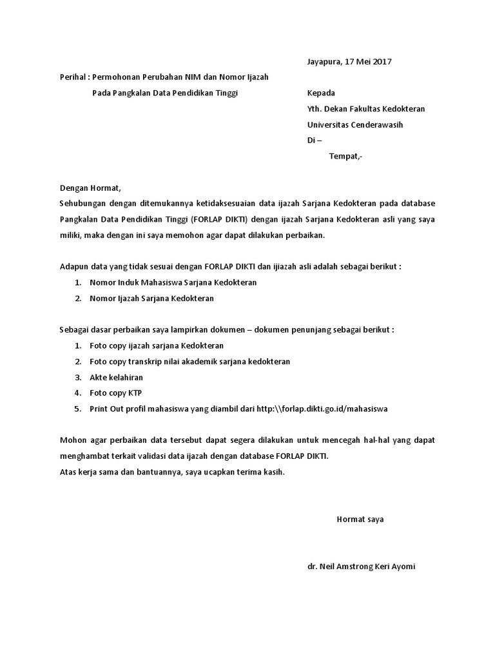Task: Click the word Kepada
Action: (321, 93)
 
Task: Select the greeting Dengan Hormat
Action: (90, 188)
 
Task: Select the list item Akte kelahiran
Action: (117, 377)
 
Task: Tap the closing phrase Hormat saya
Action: (360, 519)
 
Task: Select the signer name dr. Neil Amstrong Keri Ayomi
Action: (362, 567)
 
